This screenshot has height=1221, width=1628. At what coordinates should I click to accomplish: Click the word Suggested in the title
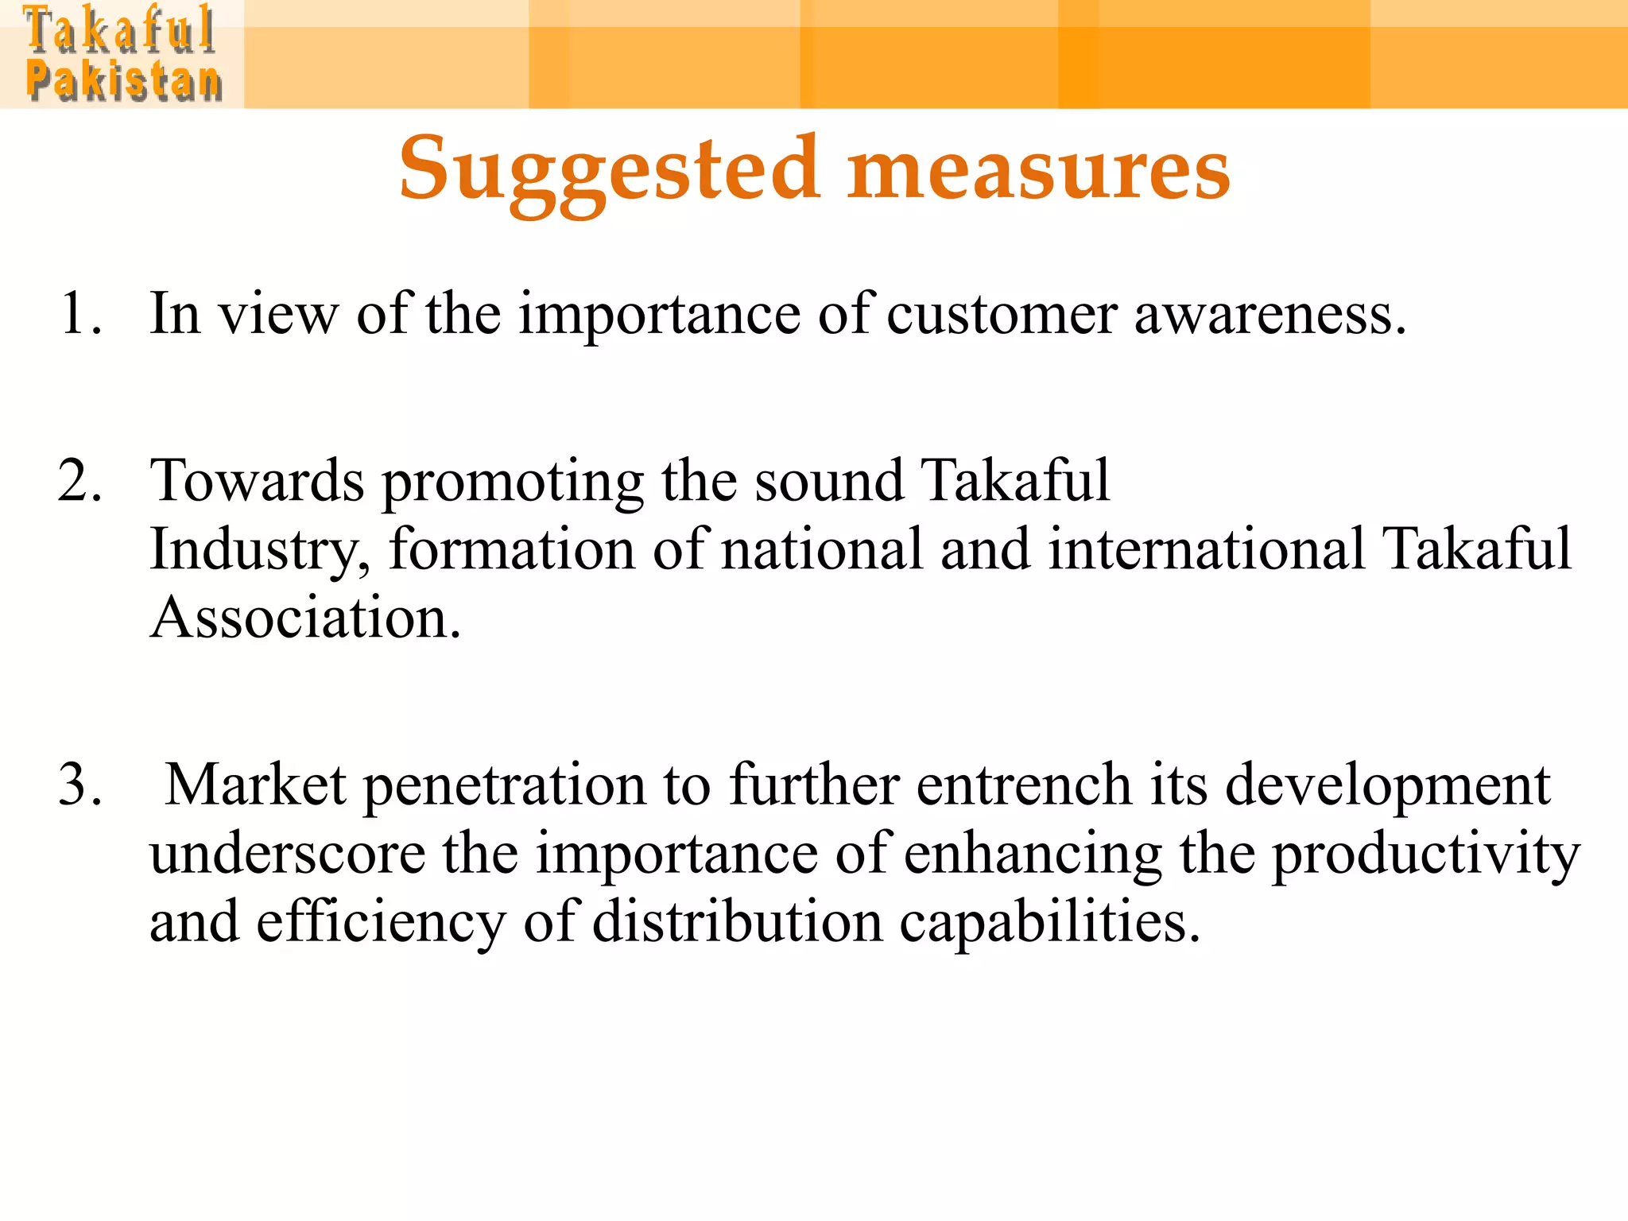click(x=609, y=169)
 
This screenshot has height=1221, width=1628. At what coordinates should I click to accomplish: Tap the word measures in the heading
click(x=1038, y=169)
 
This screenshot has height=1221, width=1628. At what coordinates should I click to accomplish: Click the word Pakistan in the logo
click(x=124, y=82)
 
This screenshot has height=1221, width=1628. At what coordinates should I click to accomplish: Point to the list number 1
click(x=79, y=313)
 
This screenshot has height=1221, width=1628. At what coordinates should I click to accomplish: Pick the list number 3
click(x=79, y=785)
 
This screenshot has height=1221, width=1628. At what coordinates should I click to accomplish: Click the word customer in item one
click(x=1002, y=313)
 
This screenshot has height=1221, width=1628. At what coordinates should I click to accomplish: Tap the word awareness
click(x=1269, y=313)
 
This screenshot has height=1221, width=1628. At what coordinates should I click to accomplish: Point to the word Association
click(x=305, y=618)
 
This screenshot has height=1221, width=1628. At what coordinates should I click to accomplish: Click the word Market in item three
click(x=255, y=785)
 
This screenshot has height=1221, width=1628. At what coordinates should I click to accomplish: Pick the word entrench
click(x=1024, y=785)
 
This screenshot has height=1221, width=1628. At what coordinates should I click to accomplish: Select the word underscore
click(x=288, y=854)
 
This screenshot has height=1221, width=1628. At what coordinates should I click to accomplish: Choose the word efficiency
click(x=381, y=922)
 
